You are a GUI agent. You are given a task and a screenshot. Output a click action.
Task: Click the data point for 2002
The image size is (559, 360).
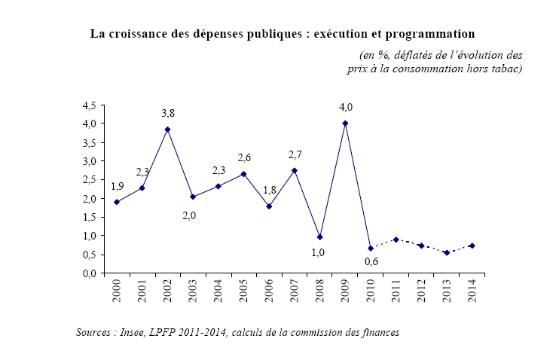pos(167,130)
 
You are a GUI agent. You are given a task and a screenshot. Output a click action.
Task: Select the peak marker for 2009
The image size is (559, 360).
pos(345,124)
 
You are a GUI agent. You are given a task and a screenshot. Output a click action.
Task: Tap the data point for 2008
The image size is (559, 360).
pos(319,237)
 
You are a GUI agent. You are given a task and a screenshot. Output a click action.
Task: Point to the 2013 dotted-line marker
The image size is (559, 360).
pos(447,253)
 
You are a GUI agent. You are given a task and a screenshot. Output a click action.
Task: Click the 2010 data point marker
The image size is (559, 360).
pos(371,249)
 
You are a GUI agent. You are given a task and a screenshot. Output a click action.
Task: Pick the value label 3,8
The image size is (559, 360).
pos(169,114)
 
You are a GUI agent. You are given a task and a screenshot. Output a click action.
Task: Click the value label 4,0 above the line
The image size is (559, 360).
pos(346,108)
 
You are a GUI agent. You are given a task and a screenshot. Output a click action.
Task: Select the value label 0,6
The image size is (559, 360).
pos(371,262)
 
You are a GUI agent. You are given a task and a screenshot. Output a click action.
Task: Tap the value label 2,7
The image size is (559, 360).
pos(295,154)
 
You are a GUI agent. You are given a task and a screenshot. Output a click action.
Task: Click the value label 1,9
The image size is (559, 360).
pos(118,186)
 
